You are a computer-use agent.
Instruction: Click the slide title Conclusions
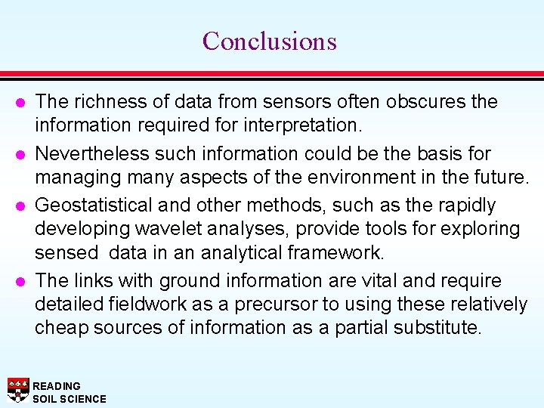point(269,41)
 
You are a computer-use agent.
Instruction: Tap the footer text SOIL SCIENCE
point(70,399)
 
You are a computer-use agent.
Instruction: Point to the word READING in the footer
point(56,386)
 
